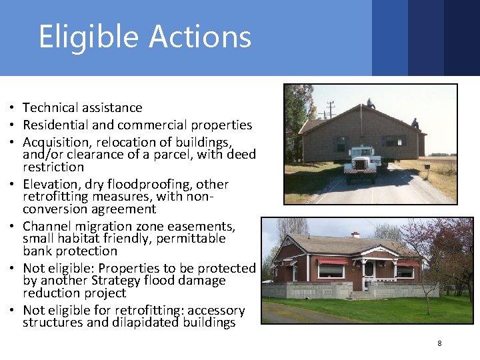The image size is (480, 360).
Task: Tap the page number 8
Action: pyautogui.click(x=439, y=343)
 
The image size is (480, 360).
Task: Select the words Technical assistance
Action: pyautogui.click(x=82, y=107)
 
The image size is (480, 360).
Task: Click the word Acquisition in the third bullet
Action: pyautogui.click(x=57, y=143)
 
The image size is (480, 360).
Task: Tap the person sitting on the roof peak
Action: pyautogui.click(x=371, y=103)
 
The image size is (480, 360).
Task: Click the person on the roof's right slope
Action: pyautogui.click(x=415, y=123)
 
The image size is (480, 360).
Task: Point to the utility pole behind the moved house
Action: pyautogui.click(x=331, y=110)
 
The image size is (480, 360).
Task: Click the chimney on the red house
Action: pyautogui.click(x=356, y=235)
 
